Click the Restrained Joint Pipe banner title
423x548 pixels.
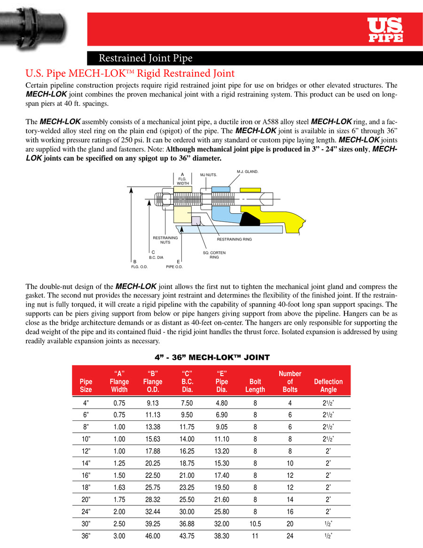[x=145, y=58]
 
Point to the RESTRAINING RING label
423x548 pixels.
[x=235, y=240]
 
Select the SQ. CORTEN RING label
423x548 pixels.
[x=214, y=255]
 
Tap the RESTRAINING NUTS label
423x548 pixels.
[x=165, y=240]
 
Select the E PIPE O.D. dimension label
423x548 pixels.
[x=174, y=264]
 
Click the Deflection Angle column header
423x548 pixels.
[x=328, y=386]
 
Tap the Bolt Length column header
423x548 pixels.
[x=255, y=386]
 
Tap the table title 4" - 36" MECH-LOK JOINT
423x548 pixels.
[x=211, y=357]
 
